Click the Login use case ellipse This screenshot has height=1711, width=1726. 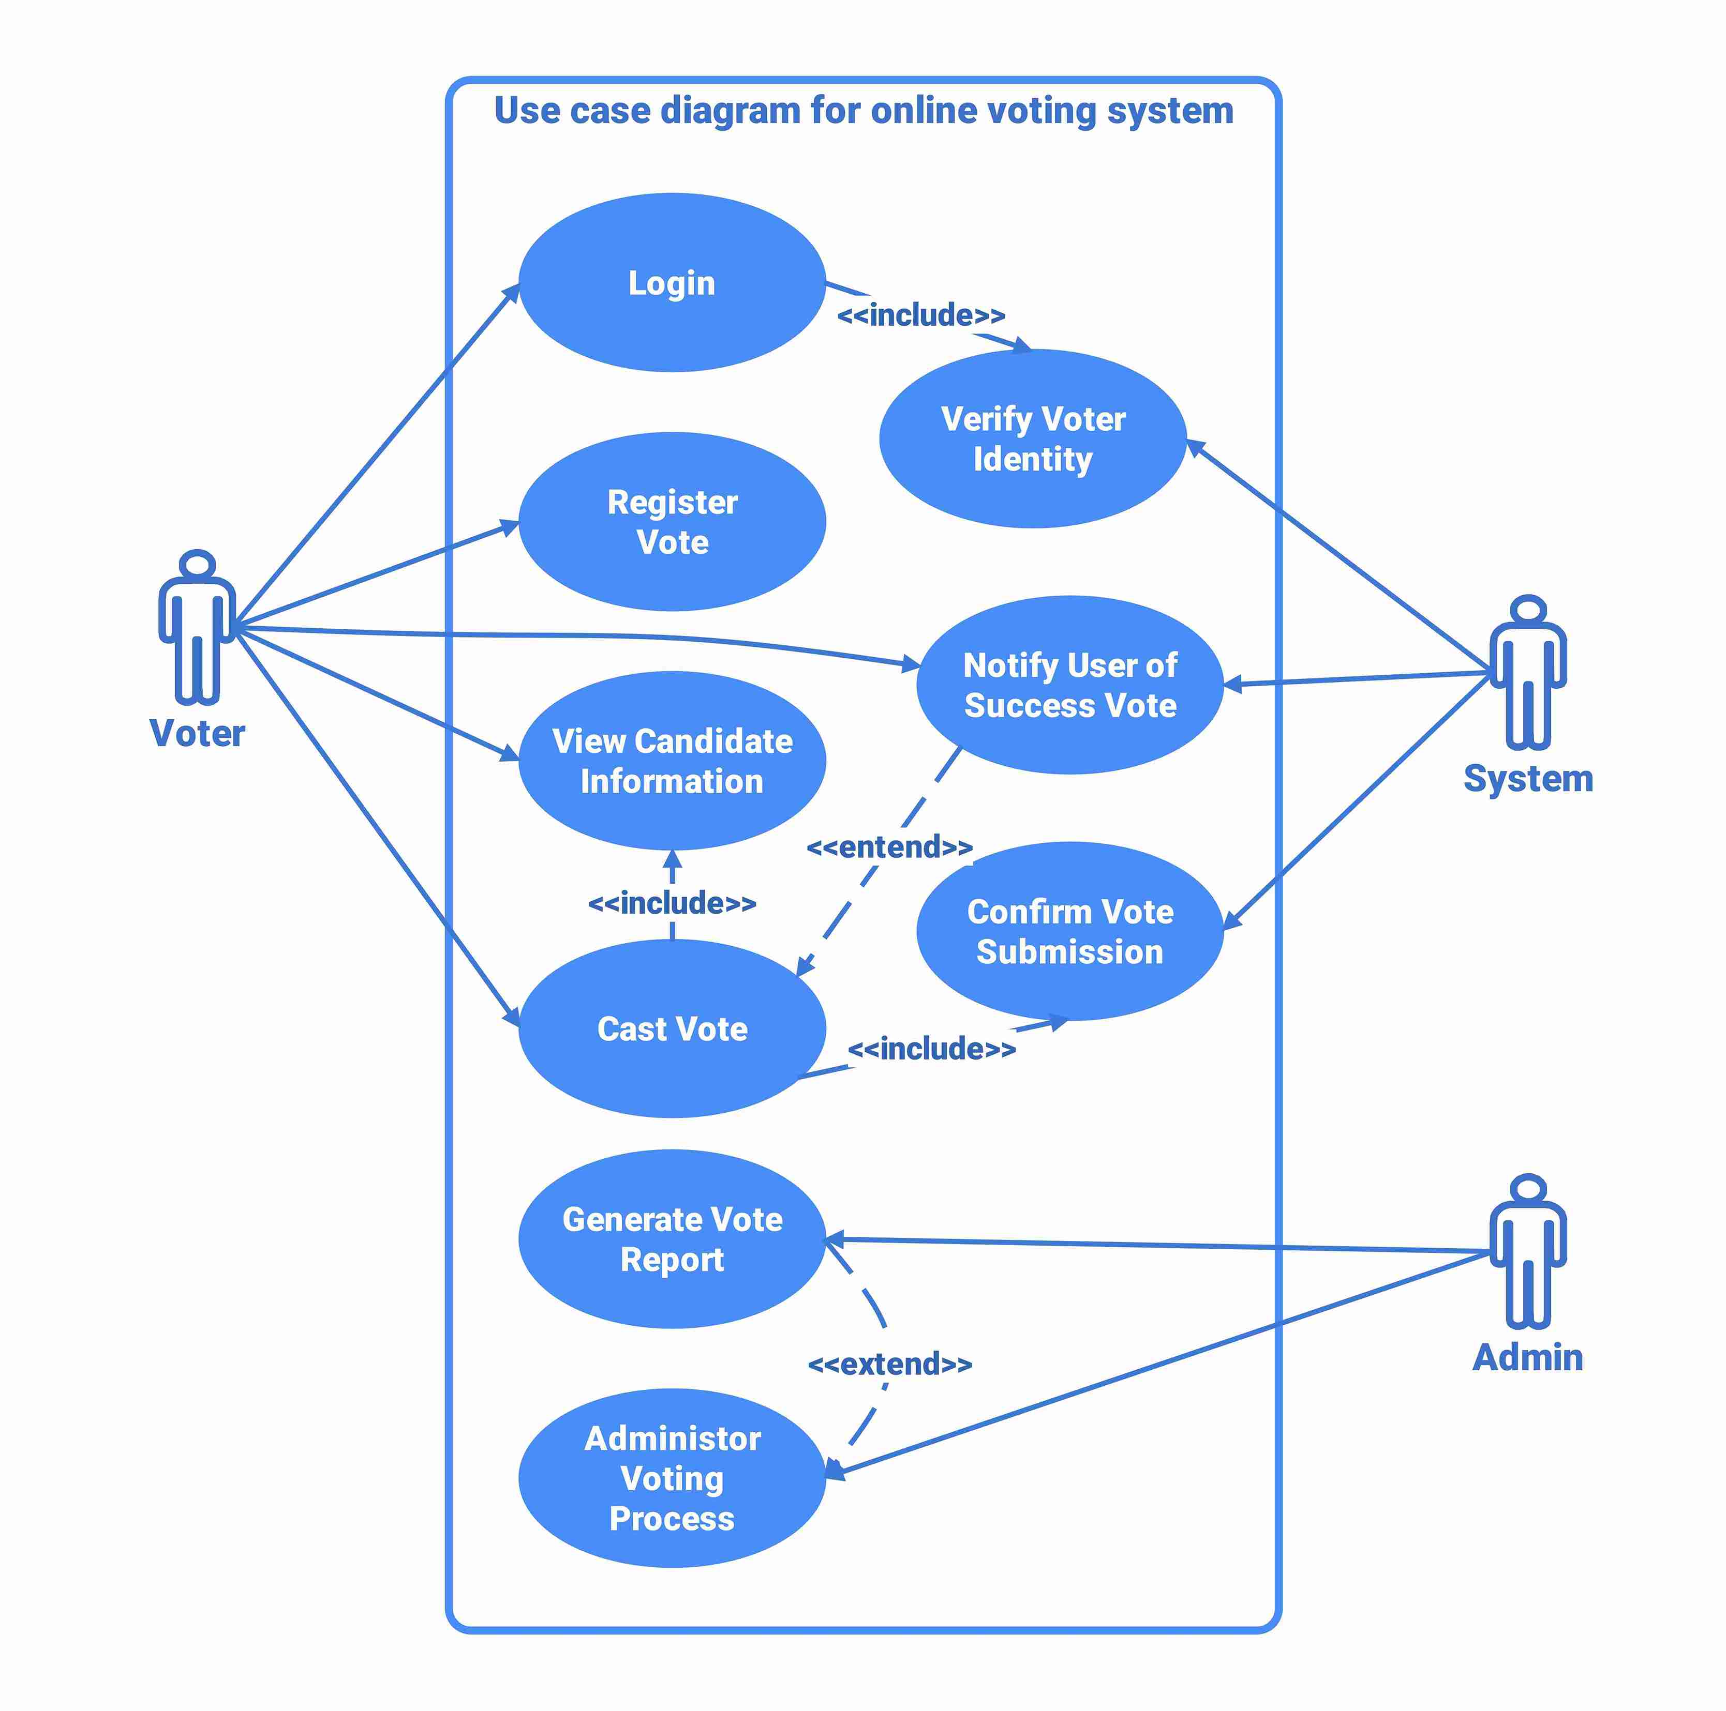pos(672,282)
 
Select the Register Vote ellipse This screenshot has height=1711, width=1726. pos(672,522)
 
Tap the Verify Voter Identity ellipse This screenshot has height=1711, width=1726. pos(1033,438)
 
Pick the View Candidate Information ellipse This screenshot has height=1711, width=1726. pos(672,761)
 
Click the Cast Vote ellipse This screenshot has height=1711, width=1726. pos(672,1029)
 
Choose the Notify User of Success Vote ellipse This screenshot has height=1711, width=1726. pos(1069,685)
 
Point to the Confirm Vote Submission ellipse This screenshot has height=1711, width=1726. pos(1069,931)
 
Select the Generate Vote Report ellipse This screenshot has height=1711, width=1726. pos(672,1238)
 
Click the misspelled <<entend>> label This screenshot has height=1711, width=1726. pos(889,846)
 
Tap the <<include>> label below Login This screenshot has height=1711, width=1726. pos(921,315)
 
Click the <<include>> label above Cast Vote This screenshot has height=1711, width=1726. pos(672,903)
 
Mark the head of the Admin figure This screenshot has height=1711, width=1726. pos(1528,1189)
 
